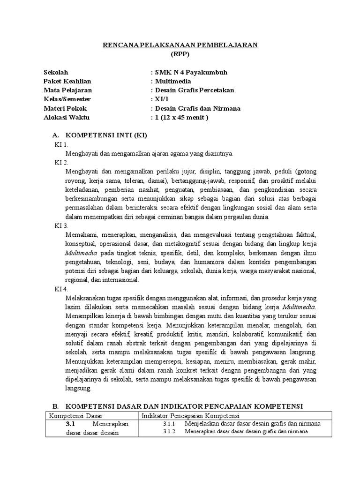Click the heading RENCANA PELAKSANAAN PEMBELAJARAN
click(x=180, y=45)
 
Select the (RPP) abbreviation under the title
click(x=180, y=54)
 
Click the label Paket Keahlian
click(x=68, y=81)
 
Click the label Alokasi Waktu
click(x=66, y=117)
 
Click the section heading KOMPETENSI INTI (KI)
click(x=106, y=135)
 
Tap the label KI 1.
click(x=61, y=144)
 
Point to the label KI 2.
click(x=61, y=162)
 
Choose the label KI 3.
click(x=61, y=225)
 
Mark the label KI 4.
click(x=61, y=289)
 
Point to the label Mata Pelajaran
click(x=68, y=90)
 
